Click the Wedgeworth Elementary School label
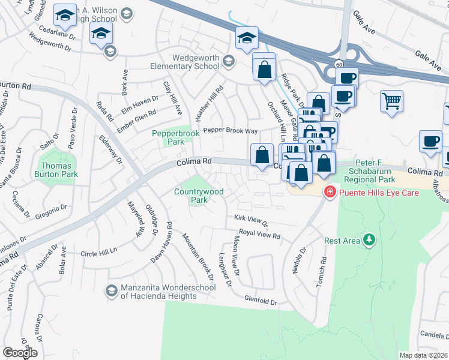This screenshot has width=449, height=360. click(x=194, y=62)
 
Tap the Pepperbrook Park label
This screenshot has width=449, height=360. click(x=167, y=138)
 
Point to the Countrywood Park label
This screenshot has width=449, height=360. click(x=199, y=196)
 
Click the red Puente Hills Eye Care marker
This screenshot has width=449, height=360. click(x=328, y=193)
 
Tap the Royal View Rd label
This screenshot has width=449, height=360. click(x=259, y=235)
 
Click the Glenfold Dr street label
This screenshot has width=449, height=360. click(x=261, y=300)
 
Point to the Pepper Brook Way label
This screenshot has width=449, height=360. click(x=230, y=130)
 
